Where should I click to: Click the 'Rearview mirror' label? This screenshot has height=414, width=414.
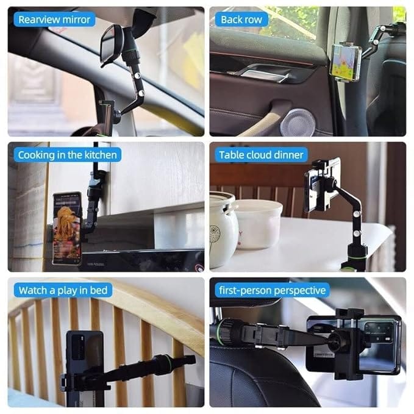(x=54, y=20)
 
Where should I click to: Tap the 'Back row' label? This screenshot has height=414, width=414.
(x=241, y=20)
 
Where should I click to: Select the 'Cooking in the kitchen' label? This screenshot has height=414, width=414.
(x=67, y=155)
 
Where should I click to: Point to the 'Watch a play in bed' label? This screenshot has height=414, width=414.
(x=63, y=290)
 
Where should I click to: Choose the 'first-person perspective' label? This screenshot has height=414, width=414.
(x=271, y=290)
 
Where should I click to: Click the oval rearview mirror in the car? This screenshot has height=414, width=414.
(x=111, y=45)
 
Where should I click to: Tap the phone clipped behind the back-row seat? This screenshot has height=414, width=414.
(x=345, y=61)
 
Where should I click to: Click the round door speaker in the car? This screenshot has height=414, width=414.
(x=297, y=122)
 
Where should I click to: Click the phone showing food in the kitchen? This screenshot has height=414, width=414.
(x=66, y=227)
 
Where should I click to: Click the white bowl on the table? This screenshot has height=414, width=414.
(x=259, y=223)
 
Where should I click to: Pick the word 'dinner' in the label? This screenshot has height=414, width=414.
(x=288, y=155)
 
